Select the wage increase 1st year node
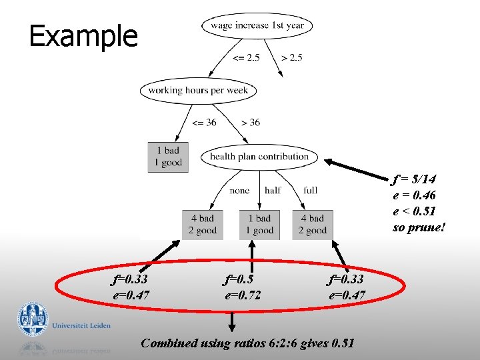coord(257,26)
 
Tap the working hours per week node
coord(198,91)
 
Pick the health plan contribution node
coord(259,157)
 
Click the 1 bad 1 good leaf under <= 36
coord(167,157)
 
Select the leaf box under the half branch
coord(259,224)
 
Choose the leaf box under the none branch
coord(203,224)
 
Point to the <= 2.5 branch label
coord(246,58)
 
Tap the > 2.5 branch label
coord(292,58)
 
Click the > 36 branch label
coord(250,123)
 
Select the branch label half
coord(273,191)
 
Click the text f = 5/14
coord(414,180)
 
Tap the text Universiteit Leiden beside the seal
coord(81,326)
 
